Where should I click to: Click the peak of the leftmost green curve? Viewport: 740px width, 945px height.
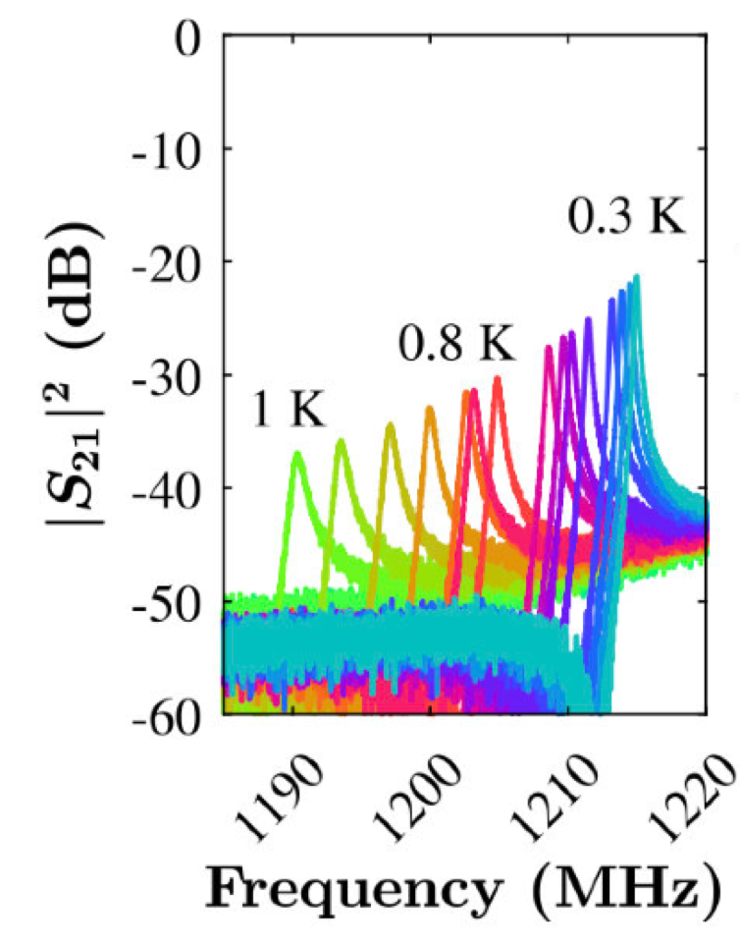297,453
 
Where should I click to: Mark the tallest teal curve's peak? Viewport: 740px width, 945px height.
636,277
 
